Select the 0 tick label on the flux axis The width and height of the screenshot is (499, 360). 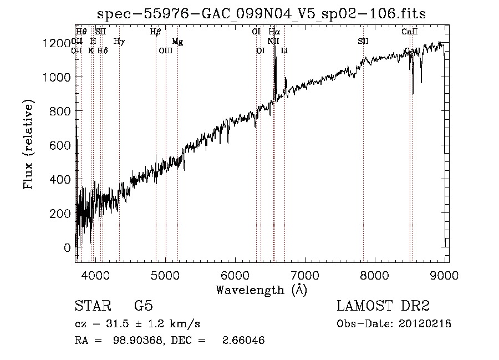[68, 247]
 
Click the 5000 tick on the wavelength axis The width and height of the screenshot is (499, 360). [165, 274]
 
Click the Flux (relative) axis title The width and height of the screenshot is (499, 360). [29, 144]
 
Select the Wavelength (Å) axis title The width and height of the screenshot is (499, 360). [261, 290]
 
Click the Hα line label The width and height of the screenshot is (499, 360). [274, 32]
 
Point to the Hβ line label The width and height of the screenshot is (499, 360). [155, 32]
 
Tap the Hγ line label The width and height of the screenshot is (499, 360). [119, 41]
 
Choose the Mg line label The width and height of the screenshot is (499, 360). [177, 41]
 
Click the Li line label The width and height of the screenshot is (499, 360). [284, 51]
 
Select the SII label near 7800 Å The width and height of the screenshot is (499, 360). [363, 41]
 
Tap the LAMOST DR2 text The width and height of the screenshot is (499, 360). [383, 307]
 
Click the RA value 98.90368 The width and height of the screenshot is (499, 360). [133, 340]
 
